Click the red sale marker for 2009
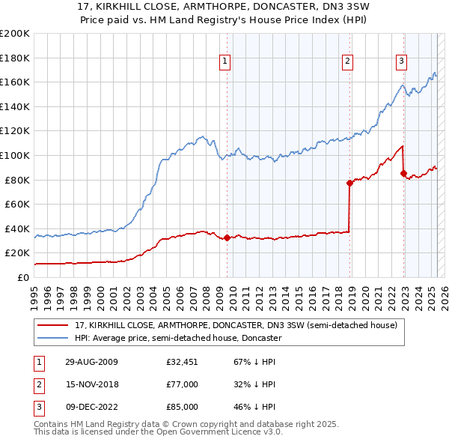227,238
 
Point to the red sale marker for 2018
349,183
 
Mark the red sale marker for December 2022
403,174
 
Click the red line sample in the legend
53,325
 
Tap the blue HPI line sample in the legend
53,338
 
